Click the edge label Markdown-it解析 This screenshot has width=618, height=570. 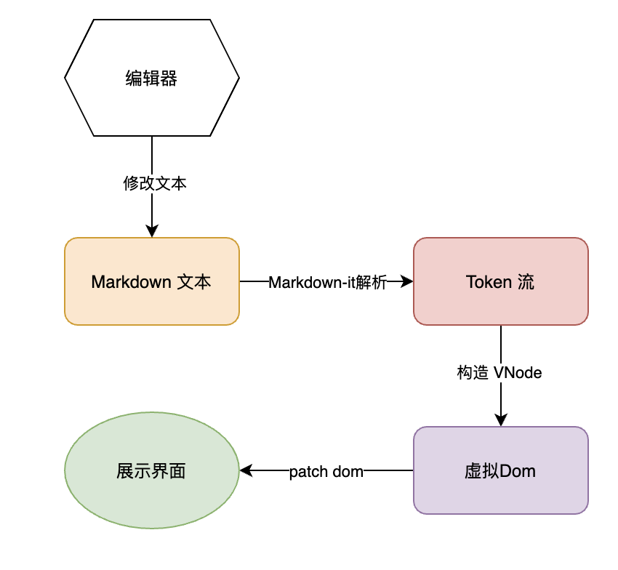click(327, 282)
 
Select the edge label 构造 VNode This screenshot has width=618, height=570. click(499, 373)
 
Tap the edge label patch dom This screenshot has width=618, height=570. click(326, 471)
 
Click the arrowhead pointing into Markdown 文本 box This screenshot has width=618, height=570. click(152, 232)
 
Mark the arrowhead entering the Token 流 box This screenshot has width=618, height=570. click(408, 281)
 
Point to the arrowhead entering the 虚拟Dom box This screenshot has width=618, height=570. click(500, 420)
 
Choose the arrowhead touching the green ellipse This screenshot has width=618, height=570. click(246, 470)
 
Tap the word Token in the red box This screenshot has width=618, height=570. click(489, 282)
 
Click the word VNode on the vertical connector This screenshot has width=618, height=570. click(518, 373)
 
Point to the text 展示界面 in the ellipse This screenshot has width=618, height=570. click(151, 471)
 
